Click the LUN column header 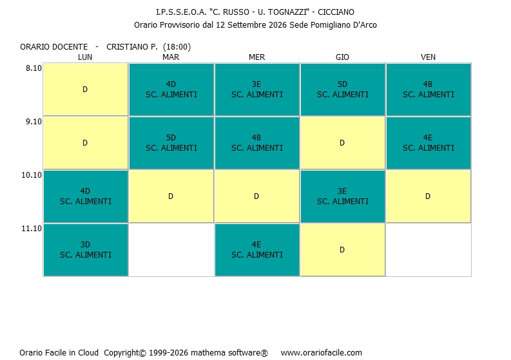point(84,57)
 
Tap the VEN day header point(428,57)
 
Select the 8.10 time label point(34,68)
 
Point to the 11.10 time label point(32,229)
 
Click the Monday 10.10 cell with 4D point(86,196)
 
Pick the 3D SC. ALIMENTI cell point(86,250)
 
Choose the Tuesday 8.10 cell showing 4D point(171,90)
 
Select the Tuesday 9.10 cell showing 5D point(171,143)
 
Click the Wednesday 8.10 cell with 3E point(257,90)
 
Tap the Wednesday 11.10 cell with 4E point(257,250)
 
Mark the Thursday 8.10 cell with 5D point(343,90)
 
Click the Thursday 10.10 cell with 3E point(343,196)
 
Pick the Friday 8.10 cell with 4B point(429,90)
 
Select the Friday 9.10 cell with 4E point(429,143)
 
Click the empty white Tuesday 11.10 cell point(171,250)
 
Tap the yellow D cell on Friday point(429,196)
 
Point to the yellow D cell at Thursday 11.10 point(343,250)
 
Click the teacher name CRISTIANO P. point(132,47)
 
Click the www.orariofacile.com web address point(322,352)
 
